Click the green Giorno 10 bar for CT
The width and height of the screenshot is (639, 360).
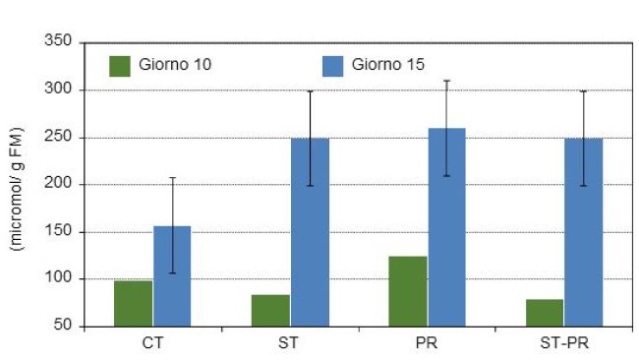pos(133,303)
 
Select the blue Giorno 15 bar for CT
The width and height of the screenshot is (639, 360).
pos(172,276)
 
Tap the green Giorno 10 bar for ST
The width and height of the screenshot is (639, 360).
pos(270,310)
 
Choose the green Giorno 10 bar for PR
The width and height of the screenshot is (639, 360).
pos(407,291)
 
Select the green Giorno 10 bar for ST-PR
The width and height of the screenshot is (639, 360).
pos(544,313)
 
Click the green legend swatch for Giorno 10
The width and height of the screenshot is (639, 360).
pos(120,66)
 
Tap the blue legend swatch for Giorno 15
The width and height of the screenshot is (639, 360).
pos(333,66)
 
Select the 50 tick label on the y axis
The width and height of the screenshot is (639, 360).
pos(63,327)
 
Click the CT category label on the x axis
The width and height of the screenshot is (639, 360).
pos(152,344)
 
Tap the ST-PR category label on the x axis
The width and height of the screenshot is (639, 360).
pos(563,344)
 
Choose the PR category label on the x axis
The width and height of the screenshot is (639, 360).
pos(427,344)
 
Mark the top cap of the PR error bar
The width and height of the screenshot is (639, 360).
pos(446,81)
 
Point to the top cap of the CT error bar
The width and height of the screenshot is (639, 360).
pos(172,178)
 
